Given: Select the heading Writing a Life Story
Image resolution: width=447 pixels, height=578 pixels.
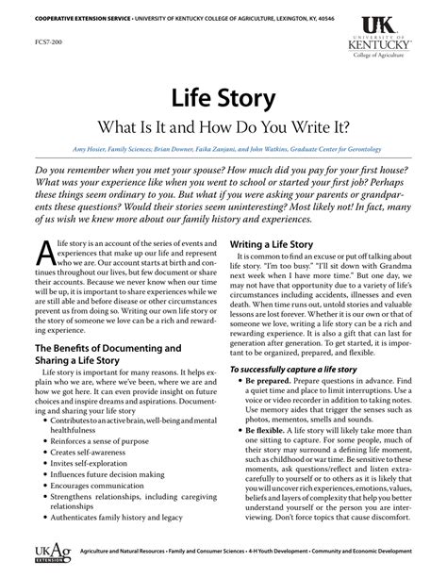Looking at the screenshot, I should click(x=278, y=244).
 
